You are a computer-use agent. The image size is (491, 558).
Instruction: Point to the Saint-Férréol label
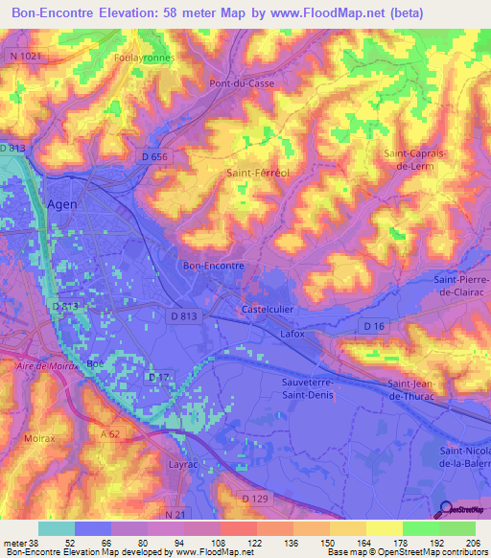click(x=258, y=174)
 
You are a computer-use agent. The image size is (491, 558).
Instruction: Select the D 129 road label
click(x=254, y=499)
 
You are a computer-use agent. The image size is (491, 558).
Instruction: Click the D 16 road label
click(x=373, y=328)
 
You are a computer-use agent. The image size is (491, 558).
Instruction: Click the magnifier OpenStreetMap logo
click(x=444, y=510)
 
